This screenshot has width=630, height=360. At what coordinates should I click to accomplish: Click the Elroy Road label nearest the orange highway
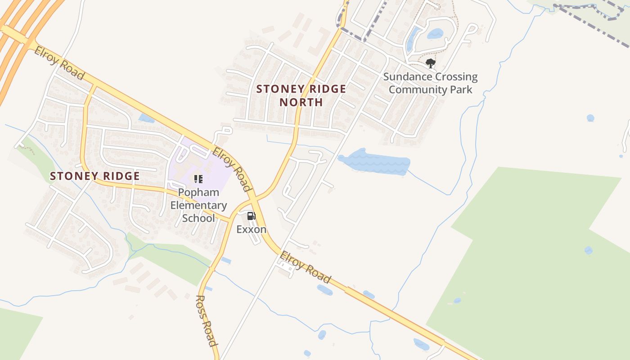pos(59,63)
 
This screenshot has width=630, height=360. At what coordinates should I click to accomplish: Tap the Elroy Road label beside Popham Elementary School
pos(231,169)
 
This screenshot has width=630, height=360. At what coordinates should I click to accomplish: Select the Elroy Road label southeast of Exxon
pos(305,268)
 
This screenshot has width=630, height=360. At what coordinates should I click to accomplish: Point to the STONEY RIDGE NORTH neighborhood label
pos(301,95)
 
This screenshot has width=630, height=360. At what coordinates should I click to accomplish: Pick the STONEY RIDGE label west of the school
pos(95,176)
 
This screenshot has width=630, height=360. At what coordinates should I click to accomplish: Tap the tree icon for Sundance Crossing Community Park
pos(430,63)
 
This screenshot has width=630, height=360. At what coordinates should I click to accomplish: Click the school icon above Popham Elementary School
pos(198,179)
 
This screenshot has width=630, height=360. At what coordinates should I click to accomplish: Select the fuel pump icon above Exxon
pos(251,216)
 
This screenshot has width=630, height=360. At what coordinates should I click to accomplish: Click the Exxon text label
pos(252,229)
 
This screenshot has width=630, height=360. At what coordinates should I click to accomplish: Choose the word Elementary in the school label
pos(198,205)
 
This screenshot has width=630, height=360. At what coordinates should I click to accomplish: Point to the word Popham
pos(198,193)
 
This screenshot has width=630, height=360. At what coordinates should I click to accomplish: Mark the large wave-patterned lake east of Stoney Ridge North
pos(374,162)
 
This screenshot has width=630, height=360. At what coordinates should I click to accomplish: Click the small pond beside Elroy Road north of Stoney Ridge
pos(146,118)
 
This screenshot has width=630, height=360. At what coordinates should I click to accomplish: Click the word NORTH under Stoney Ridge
pos(301,102)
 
